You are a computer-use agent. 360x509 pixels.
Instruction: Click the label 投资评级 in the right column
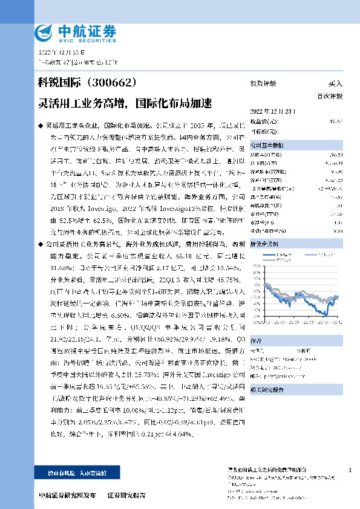coord(263,83)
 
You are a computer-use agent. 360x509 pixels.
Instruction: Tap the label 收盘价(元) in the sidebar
coord(261,122)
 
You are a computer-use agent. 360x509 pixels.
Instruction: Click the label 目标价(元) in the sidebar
coord(261,131)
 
